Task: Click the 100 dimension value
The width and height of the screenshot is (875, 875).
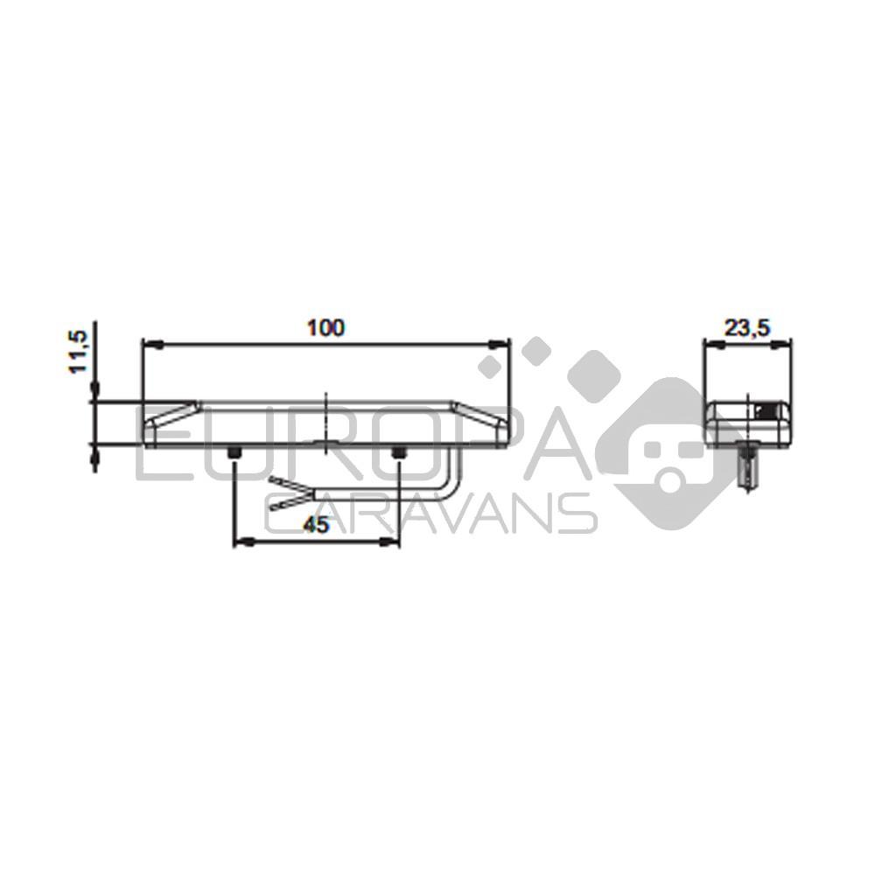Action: (326, 327)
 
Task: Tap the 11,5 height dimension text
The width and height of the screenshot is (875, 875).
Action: (78, 352)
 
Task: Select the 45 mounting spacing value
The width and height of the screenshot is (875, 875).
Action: (316, 524)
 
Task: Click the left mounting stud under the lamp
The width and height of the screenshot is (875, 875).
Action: (234, 453)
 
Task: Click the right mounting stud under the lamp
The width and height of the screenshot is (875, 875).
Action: (398, 453)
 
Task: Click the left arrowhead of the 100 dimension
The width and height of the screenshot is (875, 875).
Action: (151, 344)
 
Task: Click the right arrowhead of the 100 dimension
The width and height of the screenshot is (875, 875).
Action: (500, 344)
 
